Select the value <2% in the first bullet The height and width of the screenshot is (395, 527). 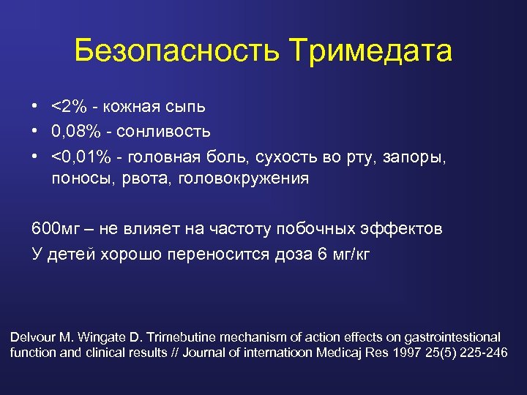(69, 107)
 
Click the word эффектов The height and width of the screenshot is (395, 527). (405, 229)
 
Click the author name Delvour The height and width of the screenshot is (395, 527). (34, 337)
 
